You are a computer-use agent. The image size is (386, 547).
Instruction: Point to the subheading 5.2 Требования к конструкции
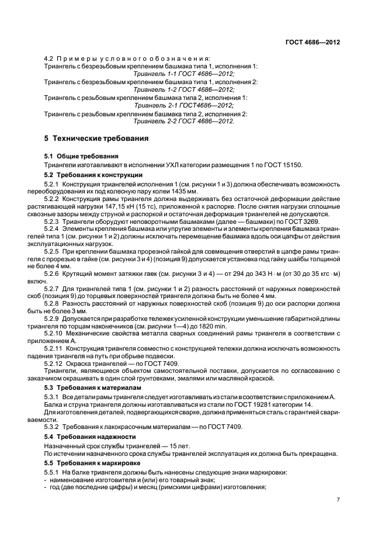[x=93, y=175]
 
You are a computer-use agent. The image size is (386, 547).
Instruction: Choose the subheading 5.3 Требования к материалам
[x=93, y=387]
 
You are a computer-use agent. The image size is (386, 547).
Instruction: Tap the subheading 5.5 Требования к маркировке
[x=92, y=462]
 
